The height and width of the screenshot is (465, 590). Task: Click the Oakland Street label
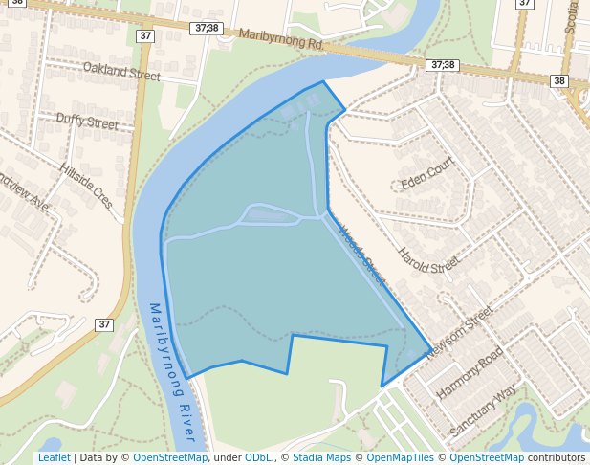tap(122, 70)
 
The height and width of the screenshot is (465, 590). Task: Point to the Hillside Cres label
tap(87, 185)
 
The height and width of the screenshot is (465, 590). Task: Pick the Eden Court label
tap(426, 174)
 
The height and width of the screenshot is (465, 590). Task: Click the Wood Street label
tap(361, 254)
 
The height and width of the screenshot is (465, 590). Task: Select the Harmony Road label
tap(470, 373)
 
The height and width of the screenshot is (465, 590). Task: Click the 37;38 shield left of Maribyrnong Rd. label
tap(205, 30)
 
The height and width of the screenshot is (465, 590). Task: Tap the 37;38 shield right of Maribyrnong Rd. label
tap(443, 65)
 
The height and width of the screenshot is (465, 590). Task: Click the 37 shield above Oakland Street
tap(145, 36)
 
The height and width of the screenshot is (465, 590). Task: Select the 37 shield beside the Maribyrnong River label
tap(104, 324)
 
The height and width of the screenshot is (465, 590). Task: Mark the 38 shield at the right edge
tap(559, 81)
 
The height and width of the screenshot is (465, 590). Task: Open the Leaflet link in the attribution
tap(54, 457)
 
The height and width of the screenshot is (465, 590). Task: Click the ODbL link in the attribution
tap(258, 457)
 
